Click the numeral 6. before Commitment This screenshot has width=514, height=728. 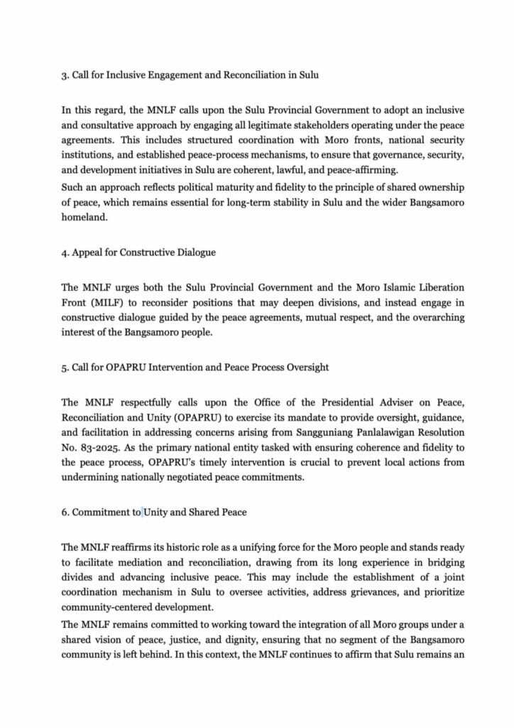click(65, 511)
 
